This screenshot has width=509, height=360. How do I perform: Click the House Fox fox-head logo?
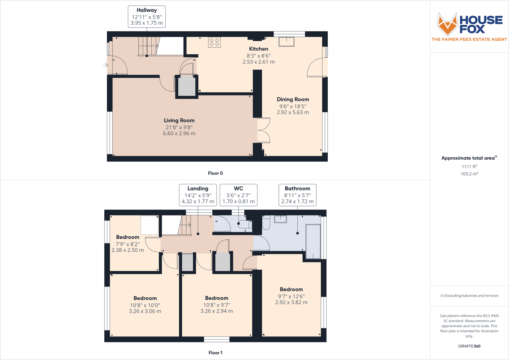click(448, 24)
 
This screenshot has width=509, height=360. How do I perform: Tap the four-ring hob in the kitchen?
click(214, 42)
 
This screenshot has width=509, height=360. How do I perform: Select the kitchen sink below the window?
click(286, 41)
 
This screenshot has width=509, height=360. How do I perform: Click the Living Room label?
click(179, 121)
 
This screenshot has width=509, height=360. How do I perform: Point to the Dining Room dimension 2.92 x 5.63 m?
click(292, 113)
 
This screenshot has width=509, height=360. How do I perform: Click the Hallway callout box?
click(147, 17)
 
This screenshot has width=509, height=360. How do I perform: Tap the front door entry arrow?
click(105, 65)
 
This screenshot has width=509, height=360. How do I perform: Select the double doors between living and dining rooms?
click(264, 130)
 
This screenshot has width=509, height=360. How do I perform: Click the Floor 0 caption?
click(215, 173)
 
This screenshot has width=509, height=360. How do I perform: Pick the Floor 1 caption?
click(215, 353)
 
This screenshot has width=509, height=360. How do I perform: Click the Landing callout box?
click(198, 195)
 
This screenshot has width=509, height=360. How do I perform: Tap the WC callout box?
click(239, 195)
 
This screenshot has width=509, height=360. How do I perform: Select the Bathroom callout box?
click(297, 195)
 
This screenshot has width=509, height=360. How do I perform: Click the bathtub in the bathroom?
click(313, 241)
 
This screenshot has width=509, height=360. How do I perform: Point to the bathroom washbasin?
click(280, 219)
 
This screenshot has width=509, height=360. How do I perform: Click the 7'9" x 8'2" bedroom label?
click(127, 244)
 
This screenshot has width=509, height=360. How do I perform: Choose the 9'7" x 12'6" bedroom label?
click(291, 296)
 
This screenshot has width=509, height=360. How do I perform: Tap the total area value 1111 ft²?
click(469, 167)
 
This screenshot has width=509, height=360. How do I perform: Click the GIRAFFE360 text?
click(469, 346)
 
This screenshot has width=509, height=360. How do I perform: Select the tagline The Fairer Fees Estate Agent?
click(469, 39)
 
